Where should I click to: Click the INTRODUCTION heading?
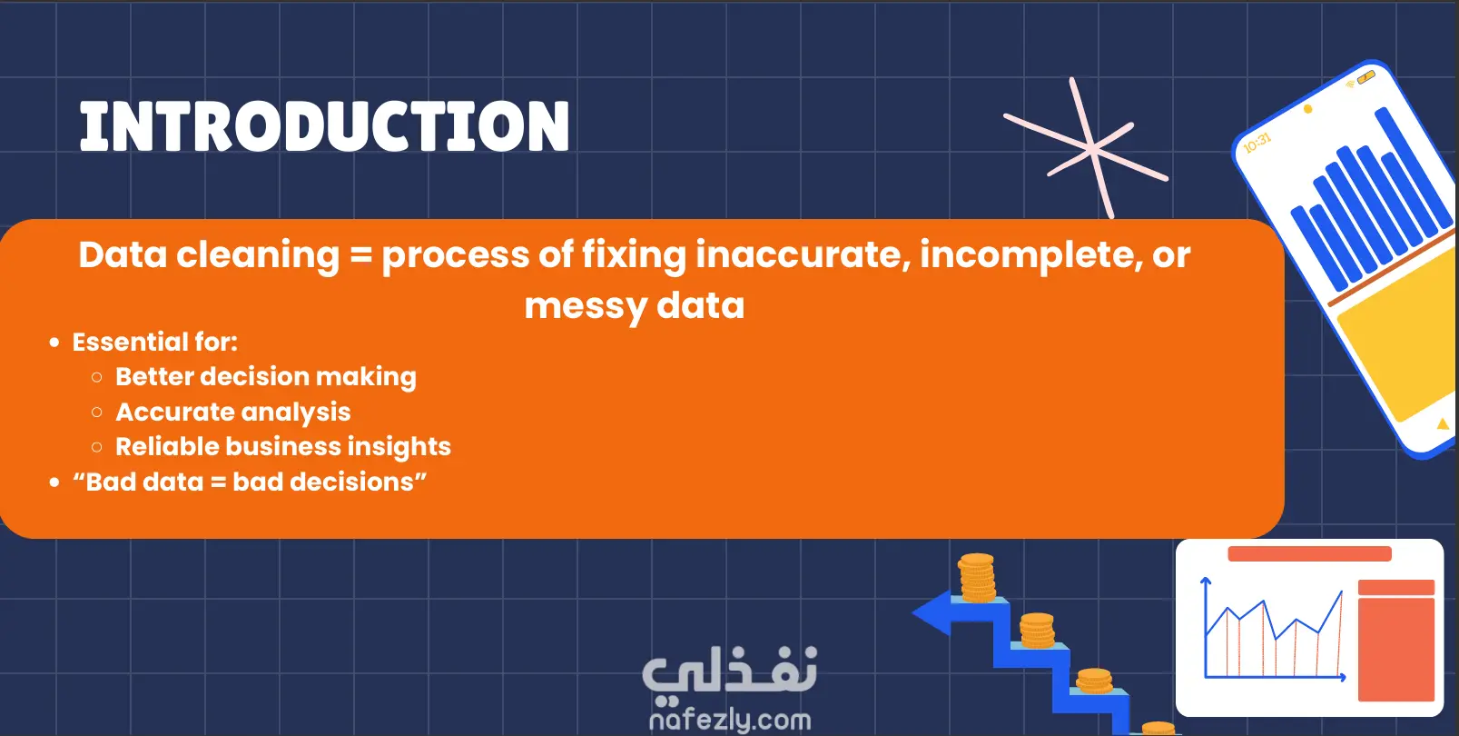(x=324, y=126)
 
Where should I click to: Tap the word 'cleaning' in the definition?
(x=258, y=255)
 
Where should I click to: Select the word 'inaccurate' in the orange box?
(x=803, y=254)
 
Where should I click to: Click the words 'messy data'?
(x=635, y=306)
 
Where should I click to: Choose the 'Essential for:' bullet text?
(x=155, y=343)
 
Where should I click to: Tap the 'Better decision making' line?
(x=266, y=377)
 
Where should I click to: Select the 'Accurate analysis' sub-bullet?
(x=233, y=412)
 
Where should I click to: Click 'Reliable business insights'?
(x=283, y=446)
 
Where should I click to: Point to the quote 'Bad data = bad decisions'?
(x=250, y=482)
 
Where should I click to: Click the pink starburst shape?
(x=1087, y=149)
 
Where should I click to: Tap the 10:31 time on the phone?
(x=1257, y=142)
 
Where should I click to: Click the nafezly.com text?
(x=730, y=720)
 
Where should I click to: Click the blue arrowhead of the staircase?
(x=932, y=612)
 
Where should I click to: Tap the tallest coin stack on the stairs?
(x=976, y=578)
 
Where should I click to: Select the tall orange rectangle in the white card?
(x=1396, y=650)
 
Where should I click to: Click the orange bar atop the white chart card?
(x=1309, y=553)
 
